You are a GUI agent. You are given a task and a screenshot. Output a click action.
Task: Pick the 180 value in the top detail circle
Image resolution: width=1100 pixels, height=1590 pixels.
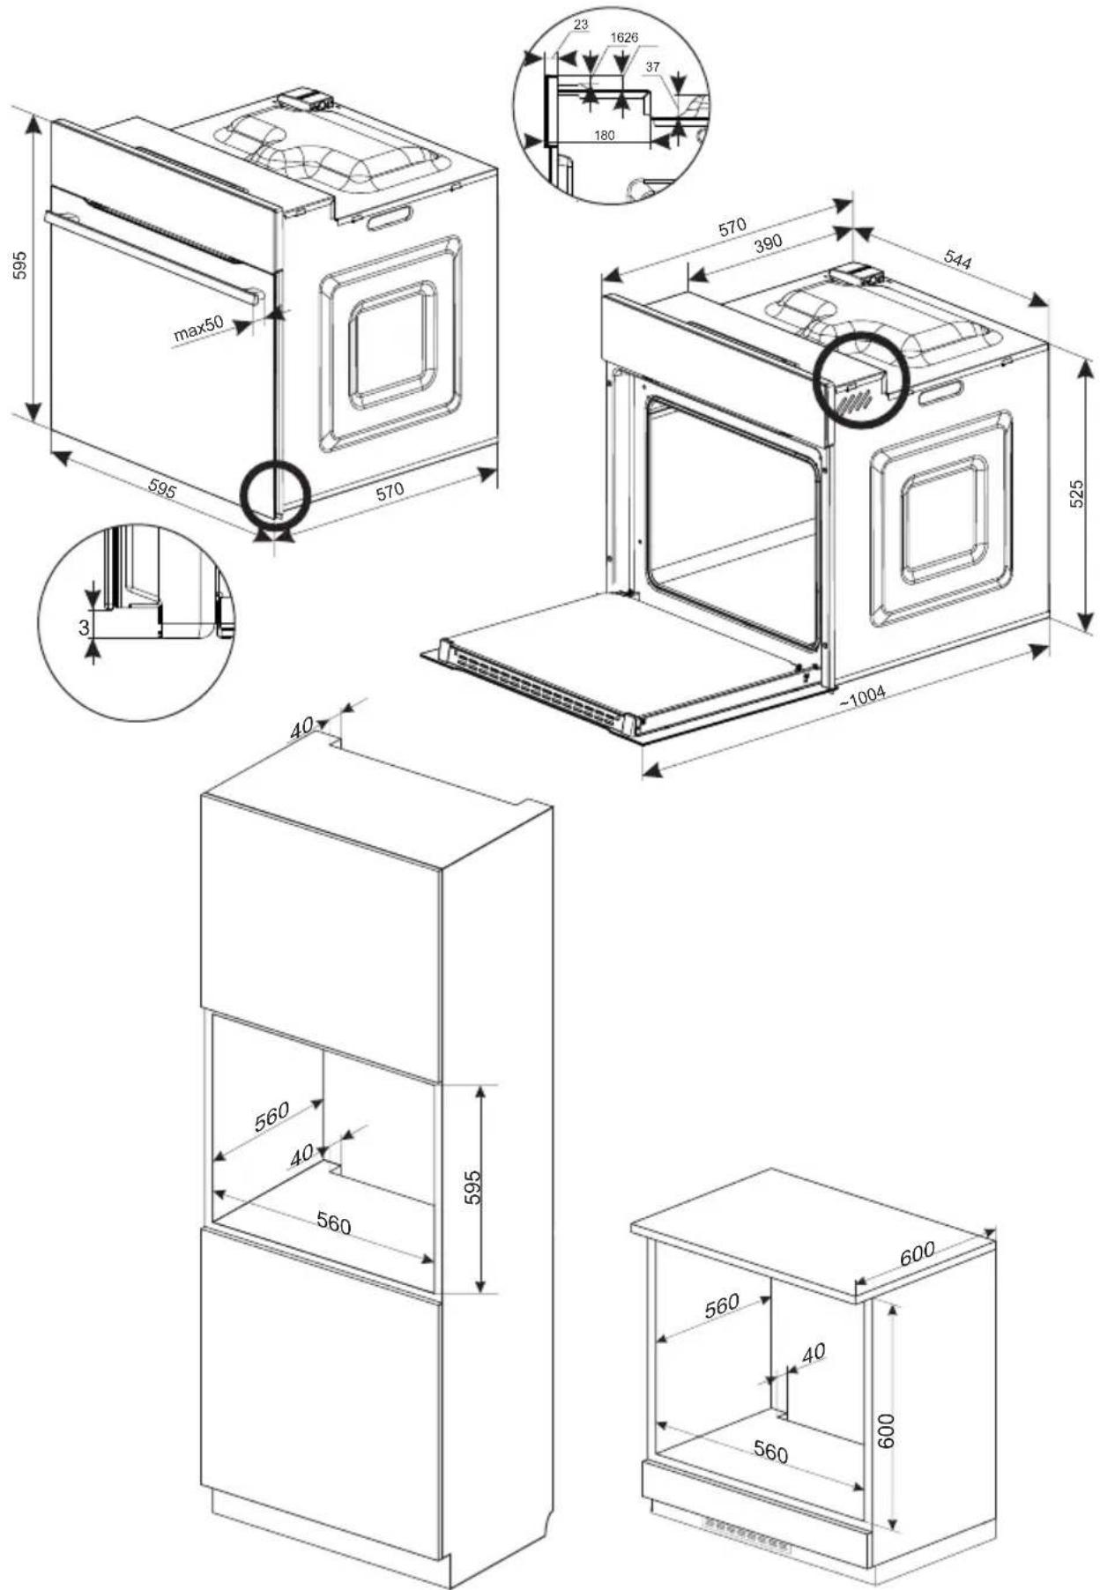pos(605,136)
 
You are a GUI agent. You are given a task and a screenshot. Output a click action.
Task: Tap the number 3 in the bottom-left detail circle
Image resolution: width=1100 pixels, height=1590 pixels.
pos(84,628)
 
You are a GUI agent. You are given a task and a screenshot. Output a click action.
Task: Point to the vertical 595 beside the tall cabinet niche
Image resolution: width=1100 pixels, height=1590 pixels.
pos(473,1187)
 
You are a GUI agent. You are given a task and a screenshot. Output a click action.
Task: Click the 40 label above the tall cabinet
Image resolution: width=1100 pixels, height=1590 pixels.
pos(301,727)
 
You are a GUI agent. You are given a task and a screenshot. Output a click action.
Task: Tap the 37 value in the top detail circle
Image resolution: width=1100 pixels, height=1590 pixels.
pos(653,67)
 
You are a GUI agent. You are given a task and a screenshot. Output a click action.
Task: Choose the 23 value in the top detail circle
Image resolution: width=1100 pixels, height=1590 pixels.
pos(581,25)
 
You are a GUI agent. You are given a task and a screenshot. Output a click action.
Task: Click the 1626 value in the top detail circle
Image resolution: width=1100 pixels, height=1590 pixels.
pos(624,38)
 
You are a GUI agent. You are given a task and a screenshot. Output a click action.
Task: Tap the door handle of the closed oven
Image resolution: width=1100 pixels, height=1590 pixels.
pos(154,256)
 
